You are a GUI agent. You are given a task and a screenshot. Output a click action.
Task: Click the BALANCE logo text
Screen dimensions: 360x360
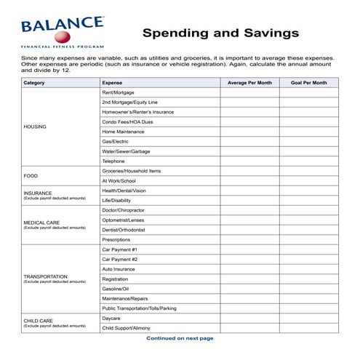61,25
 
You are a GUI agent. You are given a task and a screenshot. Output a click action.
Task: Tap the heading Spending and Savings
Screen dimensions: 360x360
220,33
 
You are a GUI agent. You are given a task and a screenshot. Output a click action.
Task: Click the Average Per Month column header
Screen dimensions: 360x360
249,83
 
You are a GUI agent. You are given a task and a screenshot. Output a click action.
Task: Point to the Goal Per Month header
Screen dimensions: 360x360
308,83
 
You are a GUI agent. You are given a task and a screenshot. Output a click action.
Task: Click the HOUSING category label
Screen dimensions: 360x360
35,127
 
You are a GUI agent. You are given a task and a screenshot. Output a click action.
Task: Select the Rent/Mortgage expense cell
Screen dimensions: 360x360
119,92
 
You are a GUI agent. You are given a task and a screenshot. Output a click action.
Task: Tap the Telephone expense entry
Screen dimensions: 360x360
113,161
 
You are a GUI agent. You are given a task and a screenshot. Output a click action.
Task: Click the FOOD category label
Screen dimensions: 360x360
31,175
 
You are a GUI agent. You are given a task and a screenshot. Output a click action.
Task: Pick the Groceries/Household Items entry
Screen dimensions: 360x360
132,171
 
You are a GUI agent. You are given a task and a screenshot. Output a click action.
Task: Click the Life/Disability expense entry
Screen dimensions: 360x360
116,200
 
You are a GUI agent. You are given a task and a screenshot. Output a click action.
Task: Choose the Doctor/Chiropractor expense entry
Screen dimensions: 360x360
124,210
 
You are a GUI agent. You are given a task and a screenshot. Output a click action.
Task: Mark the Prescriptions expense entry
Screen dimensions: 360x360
116,239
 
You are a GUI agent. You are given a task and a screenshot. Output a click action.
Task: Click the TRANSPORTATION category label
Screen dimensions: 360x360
46,276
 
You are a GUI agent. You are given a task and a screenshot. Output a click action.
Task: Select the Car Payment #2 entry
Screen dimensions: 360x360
120,259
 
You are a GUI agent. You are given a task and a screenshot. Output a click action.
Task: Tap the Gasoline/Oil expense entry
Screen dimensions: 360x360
116,289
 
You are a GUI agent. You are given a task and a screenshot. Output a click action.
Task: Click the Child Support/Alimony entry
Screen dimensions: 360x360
127,328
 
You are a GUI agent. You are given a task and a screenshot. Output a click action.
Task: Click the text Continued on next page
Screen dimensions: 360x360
180,338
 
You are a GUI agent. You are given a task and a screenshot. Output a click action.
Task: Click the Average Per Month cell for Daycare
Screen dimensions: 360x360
249,318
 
